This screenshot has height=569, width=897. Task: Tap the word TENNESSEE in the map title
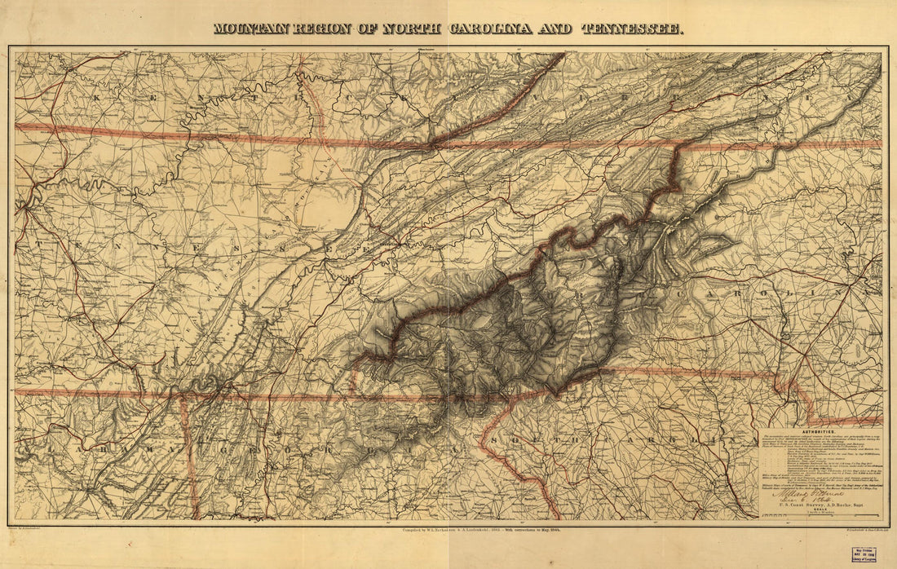coord(632,29)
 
